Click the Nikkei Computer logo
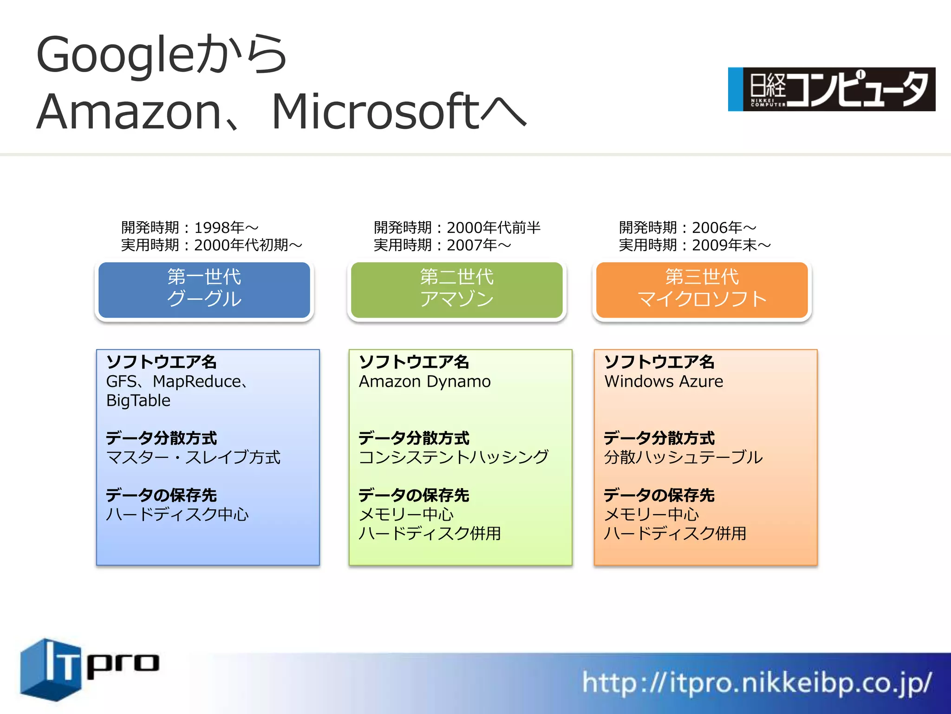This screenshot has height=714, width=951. point(831,89)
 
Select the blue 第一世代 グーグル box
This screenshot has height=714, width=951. point(204,290)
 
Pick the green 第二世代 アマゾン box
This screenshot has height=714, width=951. point(457,290)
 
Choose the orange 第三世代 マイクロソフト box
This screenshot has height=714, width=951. point(702,290)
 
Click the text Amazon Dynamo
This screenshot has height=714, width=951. point(424,382)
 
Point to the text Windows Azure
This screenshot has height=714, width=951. point(664,382)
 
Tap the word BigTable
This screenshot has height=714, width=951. point(138,401)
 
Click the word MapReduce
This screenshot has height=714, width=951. point(197,382)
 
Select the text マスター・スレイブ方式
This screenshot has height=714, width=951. point(193,457)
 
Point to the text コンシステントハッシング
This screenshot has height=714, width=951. point(454,457)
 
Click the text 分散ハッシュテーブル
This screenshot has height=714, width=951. point(683,457)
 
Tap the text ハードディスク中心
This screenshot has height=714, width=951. point(177,515)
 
